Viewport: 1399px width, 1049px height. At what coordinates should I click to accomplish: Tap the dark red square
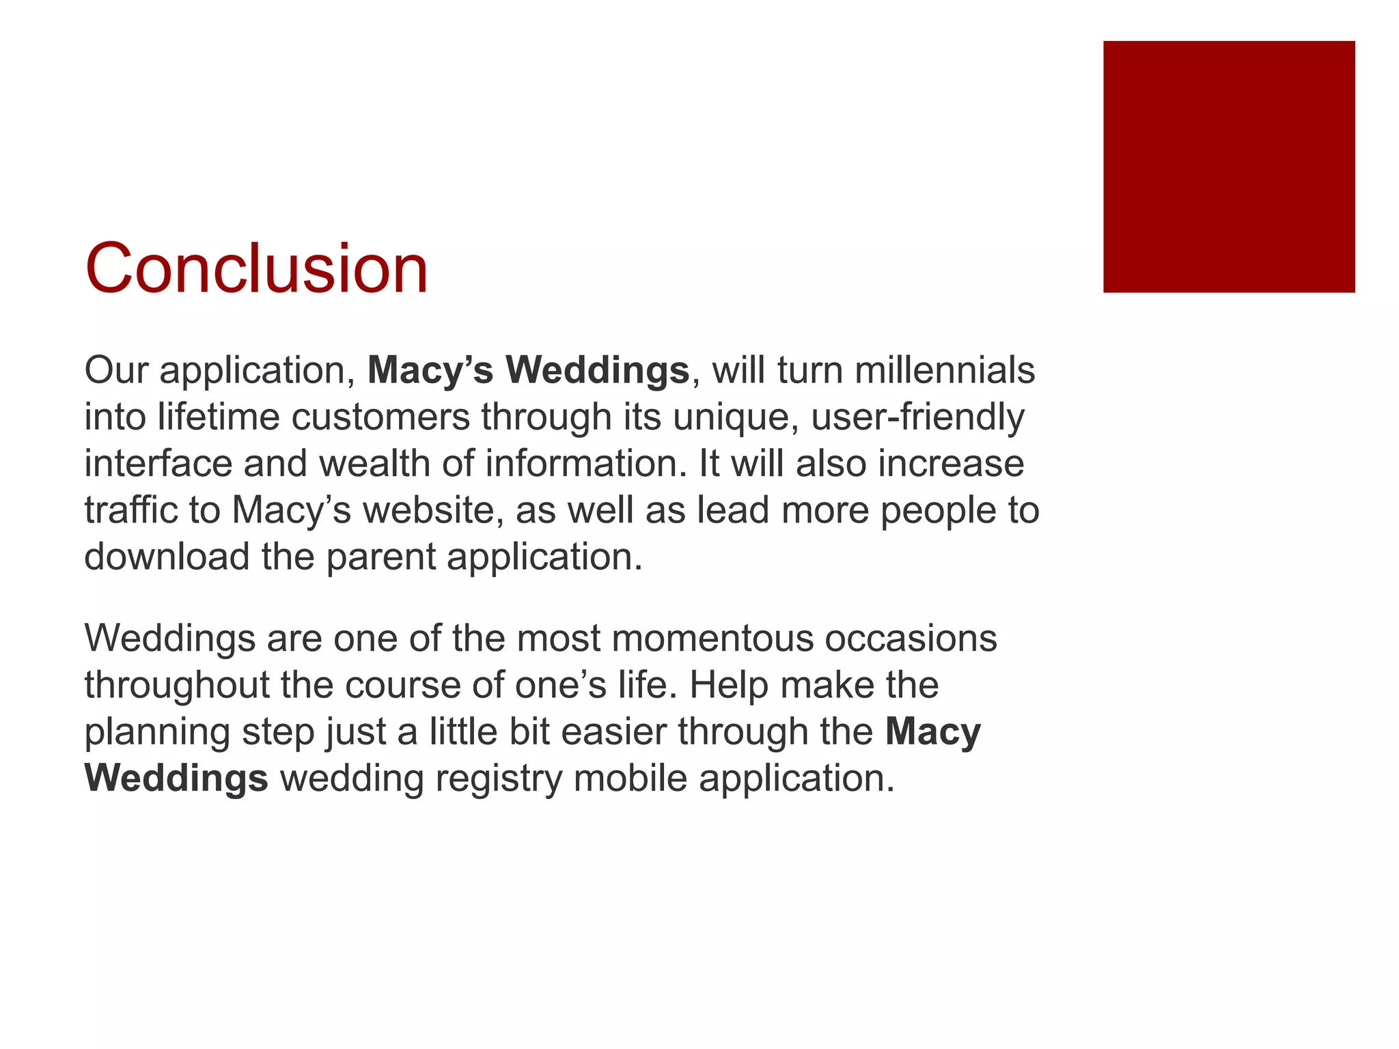(1228, 167)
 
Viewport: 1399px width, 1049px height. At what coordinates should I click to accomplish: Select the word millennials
(945, 371)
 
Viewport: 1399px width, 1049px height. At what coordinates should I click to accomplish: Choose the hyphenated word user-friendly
(917, 417)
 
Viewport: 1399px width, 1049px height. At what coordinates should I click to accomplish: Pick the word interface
(158, 464)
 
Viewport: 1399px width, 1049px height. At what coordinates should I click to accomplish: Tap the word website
(432, 510)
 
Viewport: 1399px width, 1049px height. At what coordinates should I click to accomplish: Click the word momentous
(712, 639)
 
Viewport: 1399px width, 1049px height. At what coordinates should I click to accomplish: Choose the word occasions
(911, 639)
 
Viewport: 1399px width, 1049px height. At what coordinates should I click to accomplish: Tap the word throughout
(176, 685)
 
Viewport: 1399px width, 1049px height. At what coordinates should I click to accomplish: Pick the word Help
(728, 685)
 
